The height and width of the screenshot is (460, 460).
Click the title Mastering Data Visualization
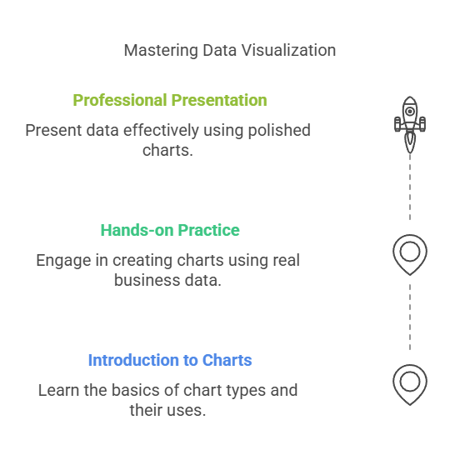point(230,51)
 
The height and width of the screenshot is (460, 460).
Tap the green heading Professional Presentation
point(170,100)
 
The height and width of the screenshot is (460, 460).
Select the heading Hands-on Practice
point(170,230)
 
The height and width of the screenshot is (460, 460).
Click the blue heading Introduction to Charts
point(170,360)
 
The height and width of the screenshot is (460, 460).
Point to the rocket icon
point(410,125)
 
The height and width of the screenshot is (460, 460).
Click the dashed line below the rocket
point(410,187)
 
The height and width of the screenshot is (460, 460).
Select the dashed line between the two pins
point(410,317)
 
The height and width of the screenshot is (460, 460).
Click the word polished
point(279,131)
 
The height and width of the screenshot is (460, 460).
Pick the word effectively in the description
point(161,131)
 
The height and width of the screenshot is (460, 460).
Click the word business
point(147,280)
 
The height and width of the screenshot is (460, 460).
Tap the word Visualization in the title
point(288,51)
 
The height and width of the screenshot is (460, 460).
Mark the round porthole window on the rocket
point(410,112)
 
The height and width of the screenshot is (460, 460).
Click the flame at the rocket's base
point(410,142)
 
